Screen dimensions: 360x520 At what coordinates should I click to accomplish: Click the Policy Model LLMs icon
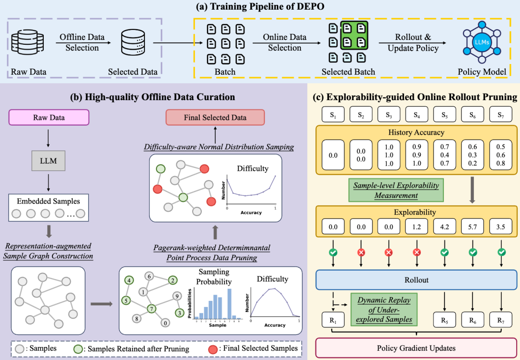(482, 42)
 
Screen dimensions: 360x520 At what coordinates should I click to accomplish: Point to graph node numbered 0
(165, 323)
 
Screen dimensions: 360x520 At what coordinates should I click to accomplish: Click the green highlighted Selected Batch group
(354, 35)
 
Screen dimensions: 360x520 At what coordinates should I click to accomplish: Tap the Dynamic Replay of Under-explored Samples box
(384, 309)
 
